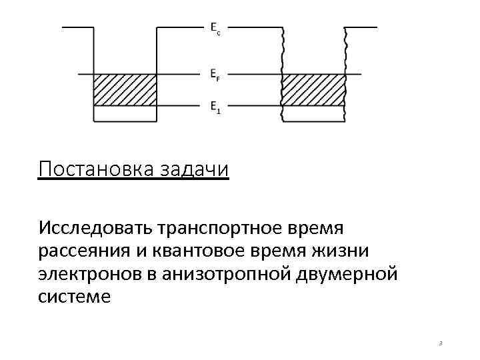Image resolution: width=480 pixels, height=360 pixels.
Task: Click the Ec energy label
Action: click(x=215, y=28)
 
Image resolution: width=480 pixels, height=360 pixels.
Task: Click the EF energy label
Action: click(x=215, y=75)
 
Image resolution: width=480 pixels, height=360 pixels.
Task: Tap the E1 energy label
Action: click(x=215, y=107)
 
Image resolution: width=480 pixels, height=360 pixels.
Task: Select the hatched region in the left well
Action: click(x=125, y=90)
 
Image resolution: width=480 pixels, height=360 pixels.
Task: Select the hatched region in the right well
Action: click(x=313, y=90)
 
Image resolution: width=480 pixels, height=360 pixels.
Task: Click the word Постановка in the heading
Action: click(x=97, y=169)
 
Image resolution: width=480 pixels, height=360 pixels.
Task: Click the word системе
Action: click(x=75, y=297)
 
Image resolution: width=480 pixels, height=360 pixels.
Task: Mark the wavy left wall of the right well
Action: click(x=283, y=73)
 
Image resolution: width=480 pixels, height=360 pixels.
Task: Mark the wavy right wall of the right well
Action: click(x=345, y=73)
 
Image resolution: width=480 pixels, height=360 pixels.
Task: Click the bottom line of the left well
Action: click(x=125, y=122)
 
